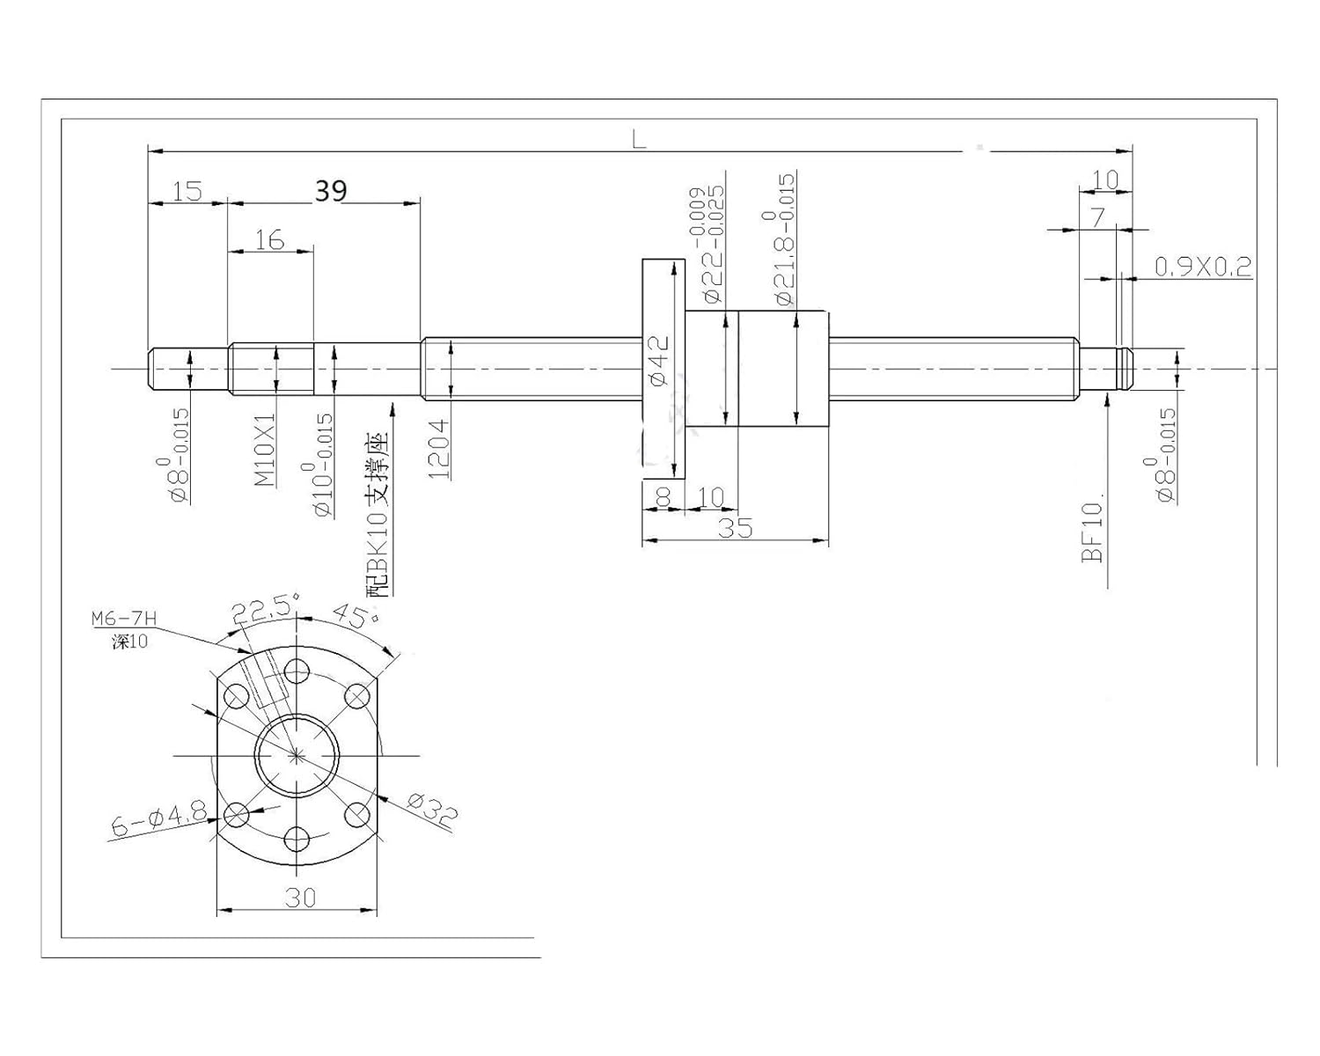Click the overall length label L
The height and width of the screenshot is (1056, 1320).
coord(639,139)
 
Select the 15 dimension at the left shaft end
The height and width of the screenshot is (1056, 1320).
coord(187,191)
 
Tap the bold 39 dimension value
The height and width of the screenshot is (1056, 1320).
coord(330,191)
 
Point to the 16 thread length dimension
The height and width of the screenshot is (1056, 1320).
coord(269,239)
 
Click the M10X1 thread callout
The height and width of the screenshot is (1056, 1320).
coord(265,450)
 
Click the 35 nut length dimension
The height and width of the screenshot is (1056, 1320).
coord(735,528)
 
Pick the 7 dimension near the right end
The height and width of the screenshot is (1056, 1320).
coord(1097,217)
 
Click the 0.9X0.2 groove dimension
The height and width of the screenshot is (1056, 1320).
coord(1202,268)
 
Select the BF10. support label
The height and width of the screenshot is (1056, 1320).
coord(1092,532)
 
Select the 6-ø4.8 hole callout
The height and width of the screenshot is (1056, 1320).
coord(158,820)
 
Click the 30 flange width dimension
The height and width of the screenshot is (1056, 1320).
coord(300,897)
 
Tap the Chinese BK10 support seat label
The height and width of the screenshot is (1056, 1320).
coord(378,515)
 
